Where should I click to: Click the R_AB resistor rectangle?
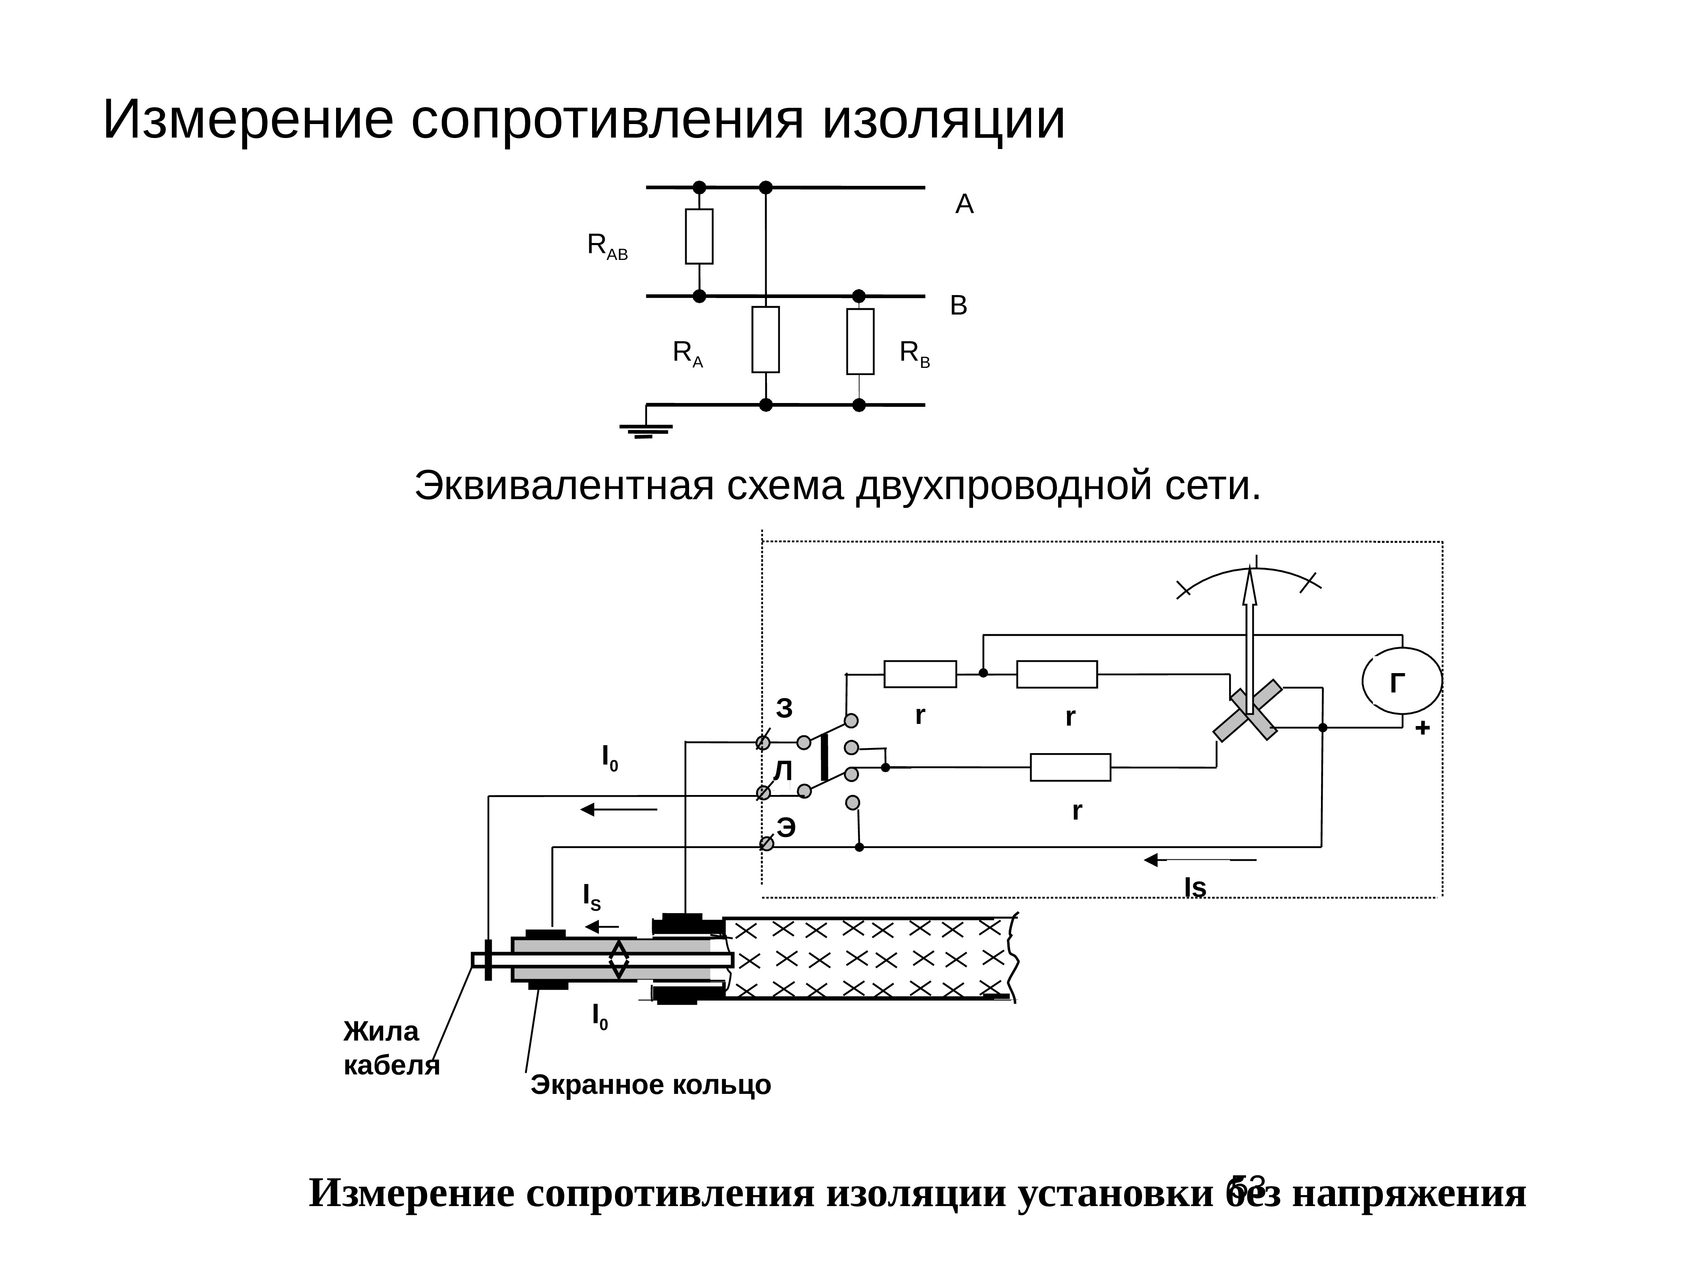pos(699,237)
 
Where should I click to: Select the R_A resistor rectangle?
pos(765,340)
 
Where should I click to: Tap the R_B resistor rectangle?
pos(860,342)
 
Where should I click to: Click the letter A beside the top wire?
pos(964,204)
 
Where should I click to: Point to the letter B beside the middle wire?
pos(958,306)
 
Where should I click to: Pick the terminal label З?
pos(785,708)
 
